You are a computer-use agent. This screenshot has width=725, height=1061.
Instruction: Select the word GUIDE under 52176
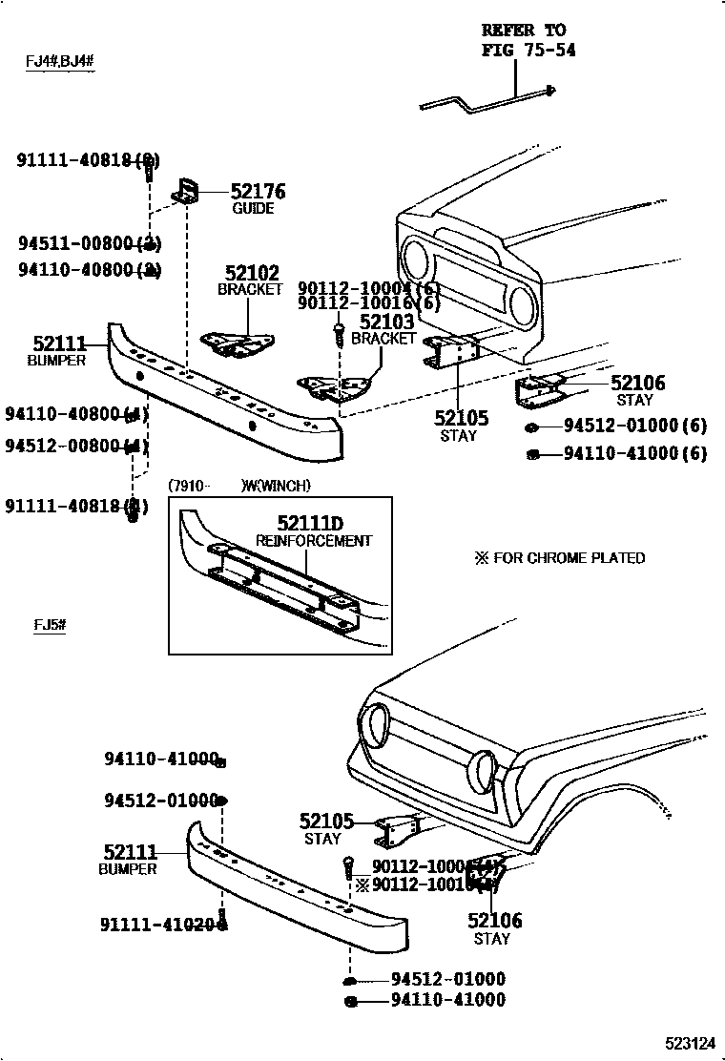click(x=253, y=209)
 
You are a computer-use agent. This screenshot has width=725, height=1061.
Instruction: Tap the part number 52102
click(x=252, y=273)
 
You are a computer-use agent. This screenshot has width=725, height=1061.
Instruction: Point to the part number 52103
click(x=386, y=322)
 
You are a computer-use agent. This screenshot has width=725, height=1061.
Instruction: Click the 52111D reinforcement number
click(x=310, y=523)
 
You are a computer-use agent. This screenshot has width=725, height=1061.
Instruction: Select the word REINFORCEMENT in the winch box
click(x=314, y=541)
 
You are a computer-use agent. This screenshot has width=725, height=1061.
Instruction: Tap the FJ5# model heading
click(x=49, y=625)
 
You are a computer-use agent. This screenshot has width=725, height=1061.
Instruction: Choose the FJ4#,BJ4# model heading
click(x=59, y=62)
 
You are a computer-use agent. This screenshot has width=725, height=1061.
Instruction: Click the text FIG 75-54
click(x=528, y=50)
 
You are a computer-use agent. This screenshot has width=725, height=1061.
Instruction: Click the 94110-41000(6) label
click(x=634, y=454)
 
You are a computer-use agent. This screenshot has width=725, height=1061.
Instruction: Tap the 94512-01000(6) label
click(x=634, y=426)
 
